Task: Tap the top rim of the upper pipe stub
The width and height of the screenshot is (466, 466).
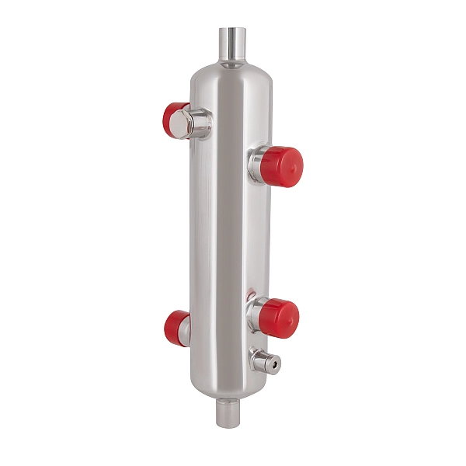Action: [231, 30]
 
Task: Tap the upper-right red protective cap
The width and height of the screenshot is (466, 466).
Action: [284, 164]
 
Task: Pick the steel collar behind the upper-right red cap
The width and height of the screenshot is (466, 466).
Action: [257, 164]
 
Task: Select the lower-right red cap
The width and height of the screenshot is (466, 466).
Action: [280, 318]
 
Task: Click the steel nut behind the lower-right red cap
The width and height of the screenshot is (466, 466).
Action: [255, 314]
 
